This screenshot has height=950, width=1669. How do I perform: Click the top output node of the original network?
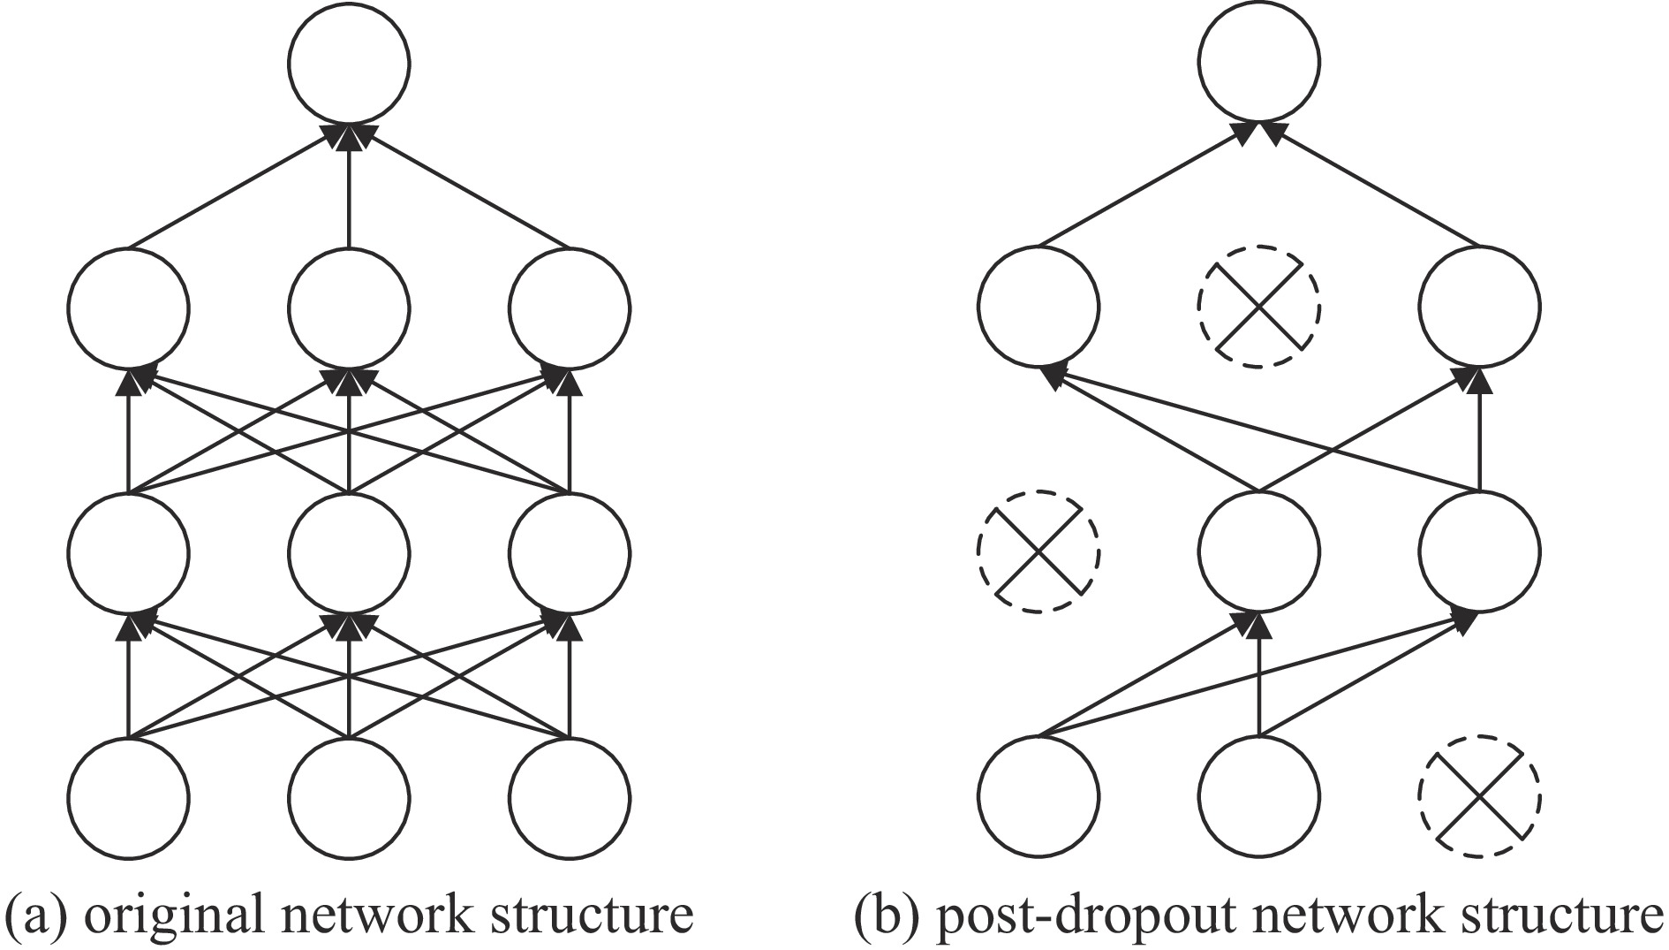click(x=349, y=64)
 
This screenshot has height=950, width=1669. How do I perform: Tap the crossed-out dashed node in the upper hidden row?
click(x=1259, y=307)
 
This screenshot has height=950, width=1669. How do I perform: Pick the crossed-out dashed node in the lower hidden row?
click(x=1038, y=551)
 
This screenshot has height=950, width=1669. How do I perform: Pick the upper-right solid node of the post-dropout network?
click(x=1479, y=307)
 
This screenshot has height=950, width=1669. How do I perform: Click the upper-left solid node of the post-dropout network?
click(x=1038, y=307)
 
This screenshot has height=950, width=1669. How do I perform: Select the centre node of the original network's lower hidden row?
click(x=349, y=552)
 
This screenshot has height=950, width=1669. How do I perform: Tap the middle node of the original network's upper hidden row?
click(x=349, y=307)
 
